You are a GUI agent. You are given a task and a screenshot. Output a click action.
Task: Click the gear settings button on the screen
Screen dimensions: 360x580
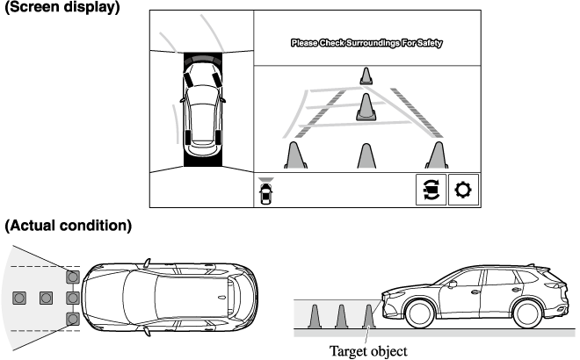pyautogui.click(x=464, y=190)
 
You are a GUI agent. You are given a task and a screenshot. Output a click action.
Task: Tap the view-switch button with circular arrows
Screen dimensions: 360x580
pyautogui.click(x=430, y=190)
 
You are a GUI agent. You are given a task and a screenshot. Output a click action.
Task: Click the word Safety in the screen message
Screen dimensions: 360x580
pyautogui.click(x=429, y=42)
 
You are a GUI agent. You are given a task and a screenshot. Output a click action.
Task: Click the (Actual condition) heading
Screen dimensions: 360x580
pyautogui.click(x=69, y=226)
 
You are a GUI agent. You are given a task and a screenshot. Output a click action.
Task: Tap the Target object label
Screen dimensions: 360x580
pyautogui.click(x=370, y=350)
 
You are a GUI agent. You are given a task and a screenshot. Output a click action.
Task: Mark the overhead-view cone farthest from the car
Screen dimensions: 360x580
pyautogui.click(x=18, y=298)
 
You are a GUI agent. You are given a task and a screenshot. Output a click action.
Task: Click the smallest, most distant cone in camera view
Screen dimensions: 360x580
pyautogui.click(x=366, y=78)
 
